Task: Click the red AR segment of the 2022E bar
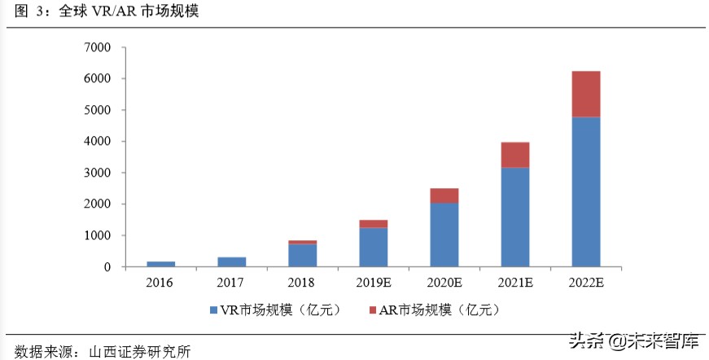pos(586,94)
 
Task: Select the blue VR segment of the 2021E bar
pos(514,217)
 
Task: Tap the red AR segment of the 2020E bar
pos(444,195)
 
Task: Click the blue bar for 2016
pos(160,264)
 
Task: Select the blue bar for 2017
pos(231,261)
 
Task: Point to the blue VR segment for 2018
pos(302,255)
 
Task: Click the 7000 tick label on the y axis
pos(97,47)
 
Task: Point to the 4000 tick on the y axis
pos(97,142)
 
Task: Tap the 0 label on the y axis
pos(107,267)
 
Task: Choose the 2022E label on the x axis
pos(586,283)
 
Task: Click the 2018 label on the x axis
pos(302,283)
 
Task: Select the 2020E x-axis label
pos(444,283)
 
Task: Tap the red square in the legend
pos(374,310)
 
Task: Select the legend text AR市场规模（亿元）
pos(440,310)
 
